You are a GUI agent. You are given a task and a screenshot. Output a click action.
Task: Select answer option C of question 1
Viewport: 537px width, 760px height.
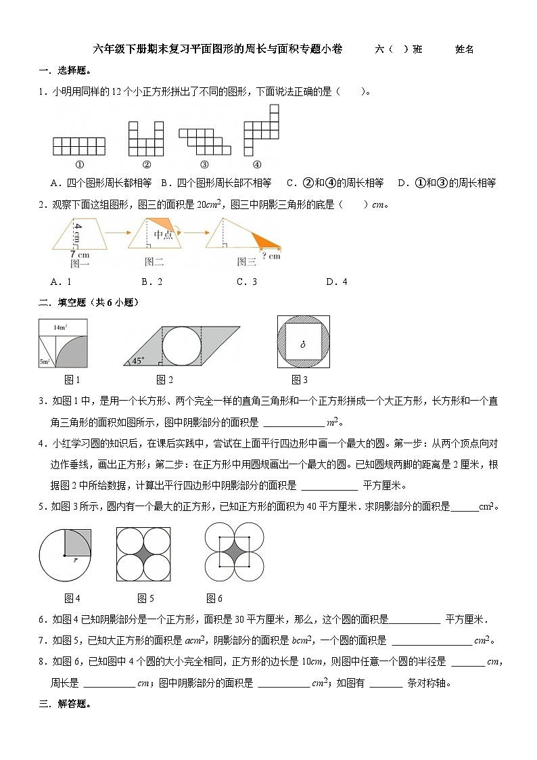(x=335, y=183)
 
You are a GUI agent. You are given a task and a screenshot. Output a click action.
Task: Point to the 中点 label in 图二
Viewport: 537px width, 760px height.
(x=163, y=234)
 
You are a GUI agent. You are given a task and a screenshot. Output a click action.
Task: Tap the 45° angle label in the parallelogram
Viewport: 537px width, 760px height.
(x=138, y=361)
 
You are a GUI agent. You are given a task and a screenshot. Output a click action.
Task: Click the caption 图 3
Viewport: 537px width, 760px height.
(x=300, y=380)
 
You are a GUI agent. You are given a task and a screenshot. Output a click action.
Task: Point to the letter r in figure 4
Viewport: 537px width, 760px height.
(x=75, y=561)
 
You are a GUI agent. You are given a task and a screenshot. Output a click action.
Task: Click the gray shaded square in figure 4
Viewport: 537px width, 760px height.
(x=78, y=543)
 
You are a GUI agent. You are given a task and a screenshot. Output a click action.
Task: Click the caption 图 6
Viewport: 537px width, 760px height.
(x=214, y=598)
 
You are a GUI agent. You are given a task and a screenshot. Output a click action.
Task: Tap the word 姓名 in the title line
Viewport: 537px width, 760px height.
(x=464, y=49)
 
